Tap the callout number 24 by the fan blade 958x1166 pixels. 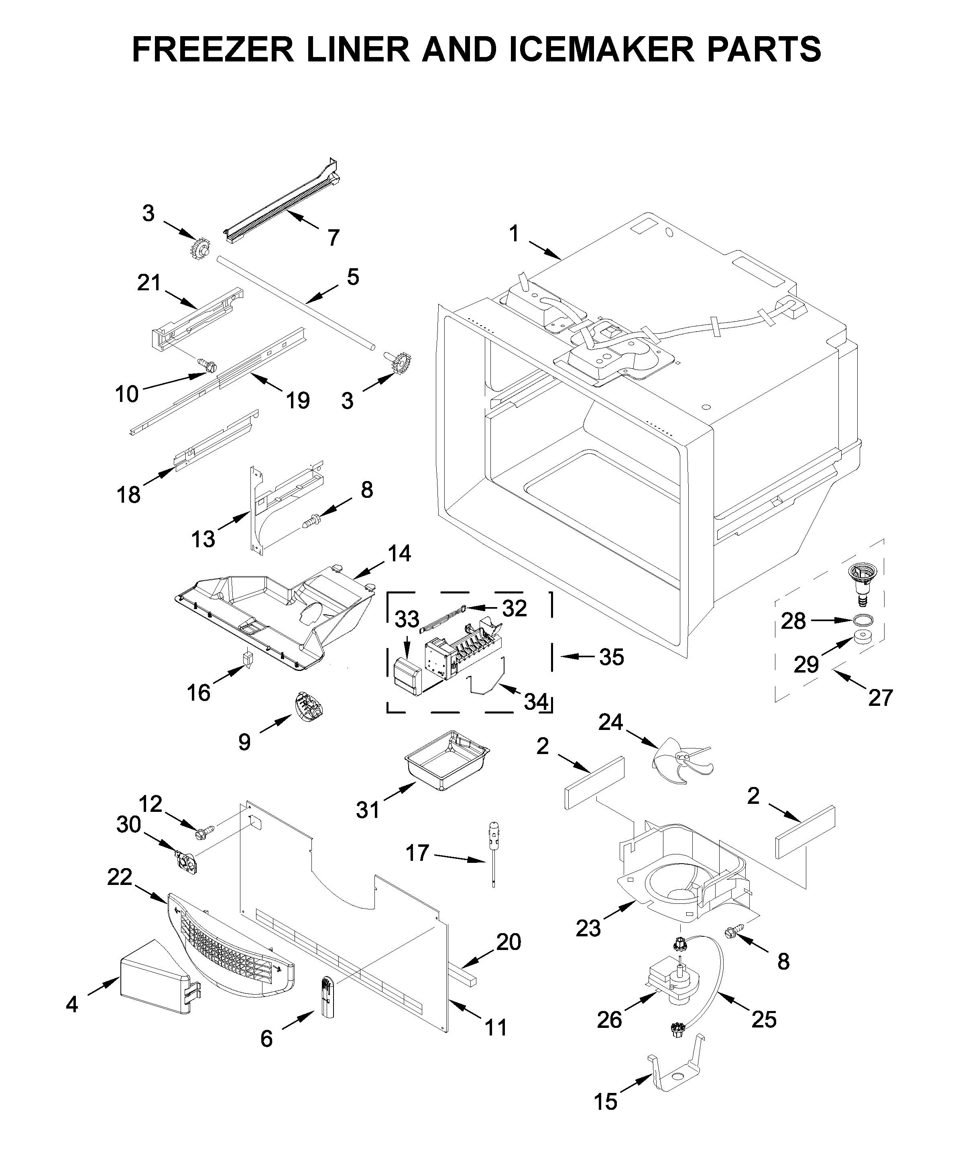(610, 722)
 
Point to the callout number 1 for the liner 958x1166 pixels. (513, 234)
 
